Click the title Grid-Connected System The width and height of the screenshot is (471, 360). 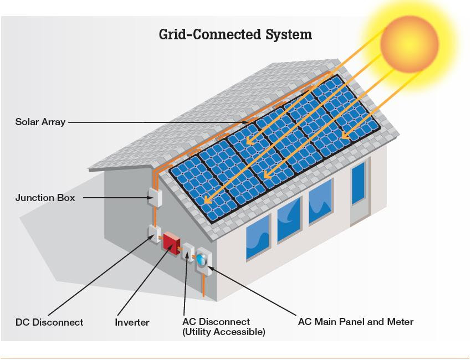[235, 34]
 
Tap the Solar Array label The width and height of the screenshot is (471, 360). [40, 122]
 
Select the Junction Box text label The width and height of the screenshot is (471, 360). [45, 198]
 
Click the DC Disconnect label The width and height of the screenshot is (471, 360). [49, 322]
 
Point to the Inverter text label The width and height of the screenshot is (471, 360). [132, 322]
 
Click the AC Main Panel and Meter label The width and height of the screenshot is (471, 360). [356, 322]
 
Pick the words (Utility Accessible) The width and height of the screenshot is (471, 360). [224, 332]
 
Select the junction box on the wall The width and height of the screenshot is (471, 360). [155, 197]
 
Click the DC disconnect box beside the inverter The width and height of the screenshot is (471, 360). [155, 234]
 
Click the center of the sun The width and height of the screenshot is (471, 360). [409, 44]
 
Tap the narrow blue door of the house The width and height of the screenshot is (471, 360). [358, 183]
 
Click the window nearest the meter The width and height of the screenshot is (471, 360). [258, 237]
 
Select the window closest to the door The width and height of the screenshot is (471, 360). [320, 201]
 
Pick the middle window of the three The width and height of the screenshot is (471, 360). [289, 219]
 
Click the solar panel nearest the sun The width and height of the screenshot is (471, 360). [345, 107]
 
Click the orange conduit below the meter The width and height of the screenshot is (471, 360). [203, 285]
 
